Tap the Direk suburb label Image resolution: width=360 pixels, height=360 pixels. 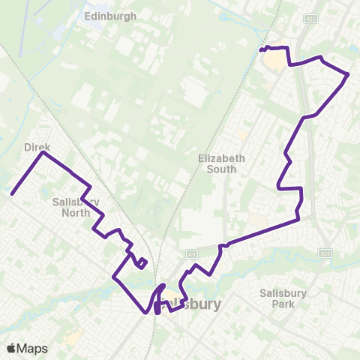tap(36, 148)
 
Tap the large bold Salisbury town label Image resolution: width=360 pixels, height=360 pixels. tap(192, 304)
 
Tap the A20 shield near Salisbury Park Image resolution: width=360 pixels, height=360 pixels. tap(324, 253)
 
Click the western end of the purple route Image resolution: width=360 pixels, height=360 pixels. tap(13, 194)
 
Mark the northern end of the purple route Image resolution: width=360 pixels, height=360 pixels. tap(261, 50)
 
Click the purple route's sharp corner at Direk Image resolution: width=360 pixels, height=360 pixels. tap(43, 153)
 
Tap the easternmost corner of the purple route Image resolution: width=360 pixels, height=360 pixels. tap(349, 74)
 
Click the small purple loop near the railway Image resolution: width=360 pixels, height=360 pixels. tap(141, 262)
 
